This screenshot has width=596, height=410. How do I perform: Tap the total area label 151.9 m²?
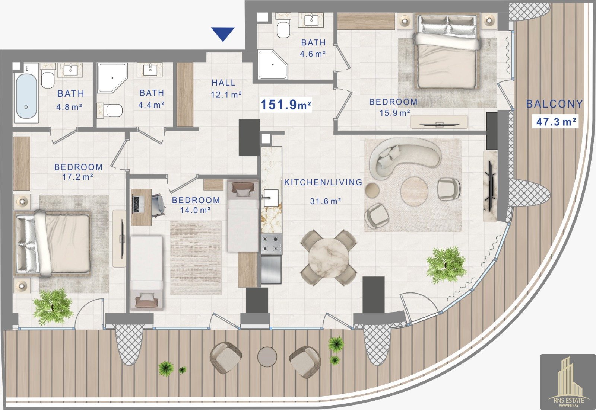pyautogui.click(x=286, y=105)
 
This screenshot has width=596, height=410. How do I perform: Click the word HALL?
pyautogui.click(x=223, y=83)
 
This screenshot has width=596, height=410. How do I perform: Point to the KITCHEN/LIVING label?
pyautogui.click(x=323, y=182)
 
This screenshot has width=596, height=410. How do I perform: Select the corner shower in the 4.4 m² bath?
pyautogui.click(x=112, y=78)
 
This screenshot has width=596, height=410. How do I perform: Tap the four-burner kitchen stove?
pyautogui.click(x=272, y=244)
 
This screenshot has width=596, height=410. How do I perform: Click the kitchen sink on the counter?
pyautogui.click(x=271, y=198)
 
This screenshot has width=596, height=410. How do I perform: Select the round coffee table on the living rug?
pyautogui.click(x=414, y=190)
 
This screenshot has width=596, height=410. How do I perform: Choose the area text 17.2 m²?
pyautogui.click(x=78, y=177)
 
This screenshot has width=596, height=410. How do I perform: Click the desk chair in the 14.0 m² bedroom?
pyautogui.click(x=159, y=205)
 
